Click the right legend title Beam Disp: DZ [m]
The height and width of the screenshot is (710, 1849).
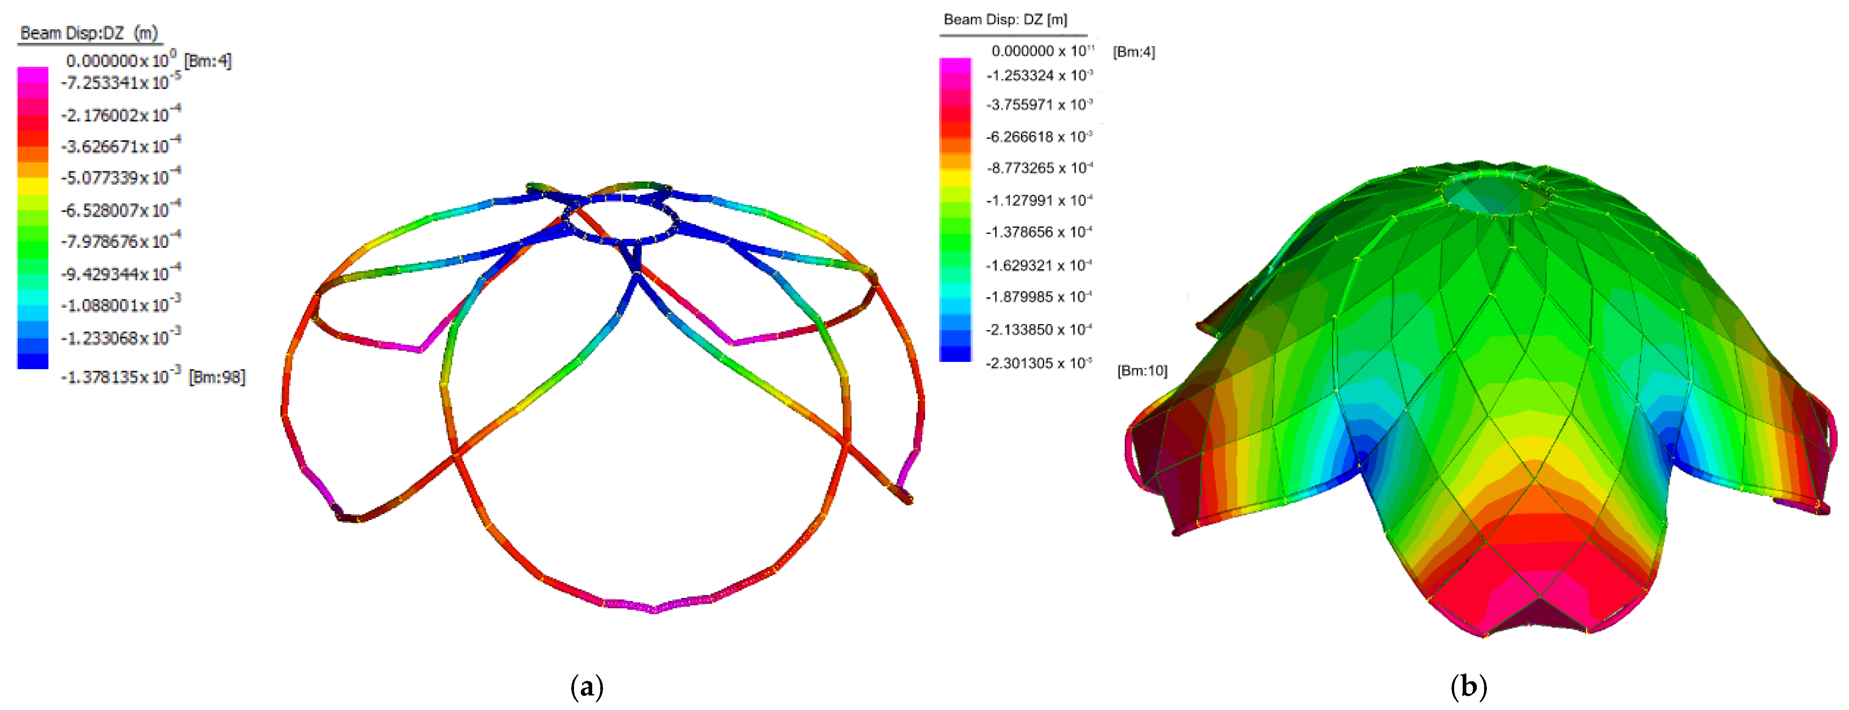pos(1005,19)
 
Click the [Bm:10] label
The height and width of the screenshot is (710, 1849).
pos(1142,371)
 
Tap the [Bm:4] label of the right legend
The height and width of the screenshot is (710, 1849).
pos(1134,52)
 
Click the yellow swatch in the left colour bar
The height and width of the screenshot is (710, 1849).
pos(33,186)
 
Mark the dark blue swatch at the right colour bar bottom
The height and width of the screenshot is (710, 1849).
pos(955,353)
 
